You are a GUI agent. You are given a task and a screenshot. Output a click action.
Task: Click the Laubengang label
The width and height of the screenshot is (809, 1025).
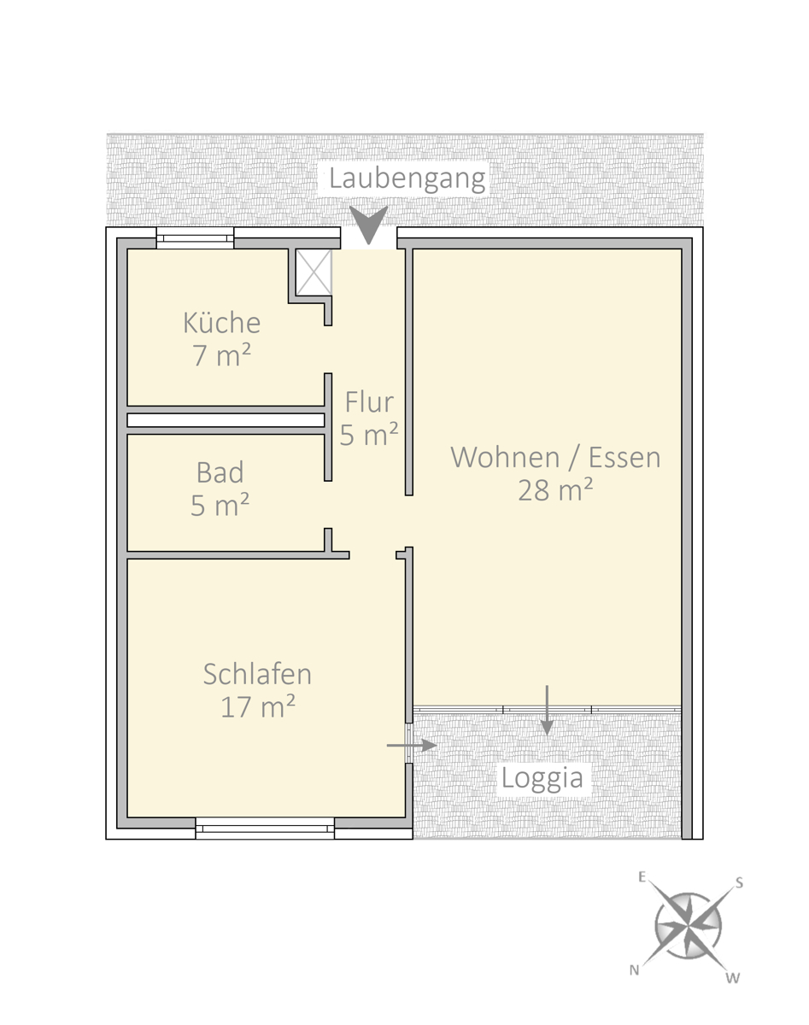coord(407,179)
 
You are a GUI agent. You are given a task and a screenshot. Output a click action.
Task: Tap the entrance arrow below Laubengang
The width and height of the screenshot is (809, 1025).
coord(368,225)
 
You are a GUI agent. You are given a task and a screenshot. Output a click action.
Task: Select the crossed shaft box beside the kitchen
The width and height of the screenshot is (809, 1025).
coord(314,272)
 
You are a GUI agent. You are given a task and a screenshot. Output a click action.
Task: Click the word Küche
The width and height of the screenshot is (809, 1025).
coord(221,323)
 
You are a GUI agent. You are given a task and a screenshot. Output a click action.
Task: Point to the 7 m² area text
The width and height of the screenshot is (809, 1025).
coord(221,354)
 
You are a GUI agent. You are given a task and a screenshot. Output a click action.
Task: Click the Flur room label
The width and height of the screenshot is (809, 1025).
coord(369,401)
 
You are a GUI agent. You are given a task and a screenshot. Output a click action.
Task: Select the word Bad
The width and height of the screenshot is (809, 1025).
coord(220,472)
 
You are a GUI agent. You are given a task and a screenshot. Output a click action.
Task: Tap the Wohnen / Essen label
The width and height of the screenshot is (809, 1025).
coord(555,457)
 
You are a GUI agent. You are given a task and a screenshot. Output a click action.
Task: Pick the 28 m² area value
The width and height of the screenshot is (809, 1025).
coord(555,489)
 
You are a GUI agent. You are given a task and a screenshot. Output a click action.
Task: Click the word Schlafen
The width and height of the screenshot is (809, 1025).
coord(257,674)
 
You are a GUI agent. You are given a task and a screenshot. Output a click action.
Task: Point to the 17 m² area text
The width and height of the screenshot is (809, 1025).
coord(258,706)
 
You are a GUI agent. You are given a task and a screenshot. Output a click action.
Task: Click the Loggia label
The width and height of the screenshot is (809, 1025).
coord(542,778)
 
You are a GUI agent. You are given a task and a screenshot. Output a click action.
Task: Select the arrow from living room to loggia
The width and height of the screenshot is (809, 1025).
coord(547,710)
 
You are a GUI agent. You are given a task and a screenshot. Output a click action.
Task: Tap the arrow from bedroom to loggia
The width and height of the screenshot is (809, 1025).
coord(412,746)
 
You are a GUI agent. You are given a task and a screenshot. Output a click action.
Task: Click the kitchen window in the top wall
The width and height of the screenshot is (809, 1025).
coord(195,237)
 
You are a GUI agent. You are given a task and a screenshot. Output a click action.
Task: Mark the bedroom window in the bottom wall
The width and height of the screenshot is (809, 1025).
coord(265,829)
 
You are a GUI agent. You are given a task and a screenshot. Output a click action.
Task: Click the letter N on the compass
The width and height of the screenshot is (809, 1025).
coord(634,969)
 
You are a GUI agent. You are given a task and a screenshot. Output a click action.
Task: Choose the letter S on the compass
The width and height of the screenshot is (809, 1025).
coord(739,883)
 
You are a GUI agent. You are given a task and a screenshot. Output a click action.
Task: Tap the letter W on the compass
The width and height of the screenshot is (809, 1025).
coord(733,978)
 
